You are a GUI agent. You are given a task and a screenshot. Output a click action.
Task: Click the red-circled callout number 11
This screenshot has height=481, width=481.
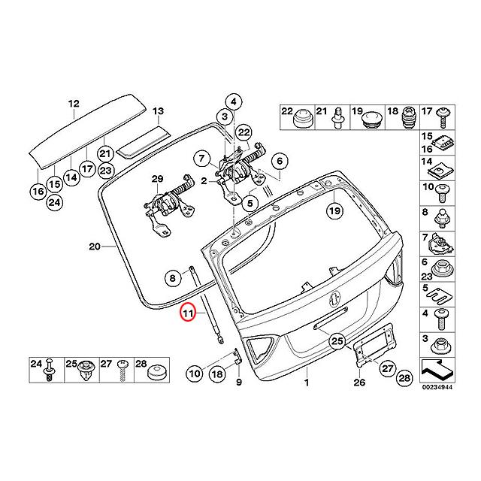187,312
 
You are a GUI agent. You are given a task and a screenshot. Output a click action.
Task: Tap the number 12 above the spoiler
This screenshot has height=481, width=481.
73,104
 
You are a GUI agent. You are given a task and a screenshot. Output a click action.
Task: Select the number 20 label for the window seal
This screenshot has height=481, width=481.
94,247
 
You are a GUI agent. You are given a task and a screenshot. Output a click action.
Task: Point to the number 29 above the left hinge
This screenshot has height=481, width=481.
156,178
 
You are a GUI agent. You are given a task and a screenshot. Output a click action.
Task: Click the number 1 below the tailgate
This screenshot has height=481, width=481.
307,383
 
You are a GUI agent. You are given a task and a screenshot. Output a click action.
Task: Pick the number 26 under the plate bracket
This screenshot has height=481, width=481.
358,383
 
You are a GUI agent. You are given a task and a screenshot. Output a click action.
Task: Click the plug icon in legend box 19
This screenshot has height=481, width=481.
374,118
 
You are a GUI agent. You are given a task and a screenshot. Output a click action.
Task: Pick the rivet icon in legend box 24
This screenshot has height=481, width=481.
50,370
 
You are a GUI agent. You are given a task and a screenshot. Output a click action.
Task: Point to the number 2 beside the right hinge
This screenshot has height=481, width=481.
204,181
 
